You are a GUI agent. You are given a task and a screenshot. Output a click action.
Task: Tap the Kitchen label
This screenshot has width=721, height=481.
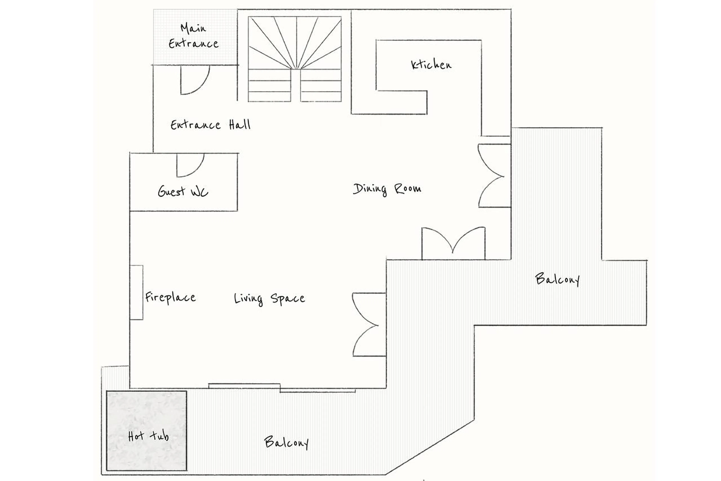431,65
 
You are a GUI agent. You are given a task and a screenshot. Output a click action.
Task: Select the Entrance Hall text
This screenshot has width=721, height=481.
210,125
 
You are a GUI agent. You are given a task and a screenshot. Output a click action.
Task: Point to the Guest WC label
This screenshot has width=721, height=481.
183,191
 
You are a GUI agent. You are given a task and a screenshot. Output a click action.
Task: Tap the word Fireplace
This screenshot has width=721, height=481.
170,297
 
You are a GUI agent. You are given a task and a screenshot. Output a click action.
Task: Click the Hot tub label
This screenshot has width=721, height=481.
148,436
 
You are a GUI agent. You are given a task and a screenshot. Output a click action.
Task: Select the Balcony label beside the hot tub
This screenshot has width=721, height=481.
286,442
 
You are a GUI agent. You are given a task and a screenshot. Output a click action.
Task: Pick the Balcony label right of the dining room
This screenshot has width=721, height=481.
557,279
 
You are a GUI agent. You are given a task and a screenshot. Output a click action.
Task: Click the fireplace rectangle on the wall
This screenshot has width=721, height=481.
136,292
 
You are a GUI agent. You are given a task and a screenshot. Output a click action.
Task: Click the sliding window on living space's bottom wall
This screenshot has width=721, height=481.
281,388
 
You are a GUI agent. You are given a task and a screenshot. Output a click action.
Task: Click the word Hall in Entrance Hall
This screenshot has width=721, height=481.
240,125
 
